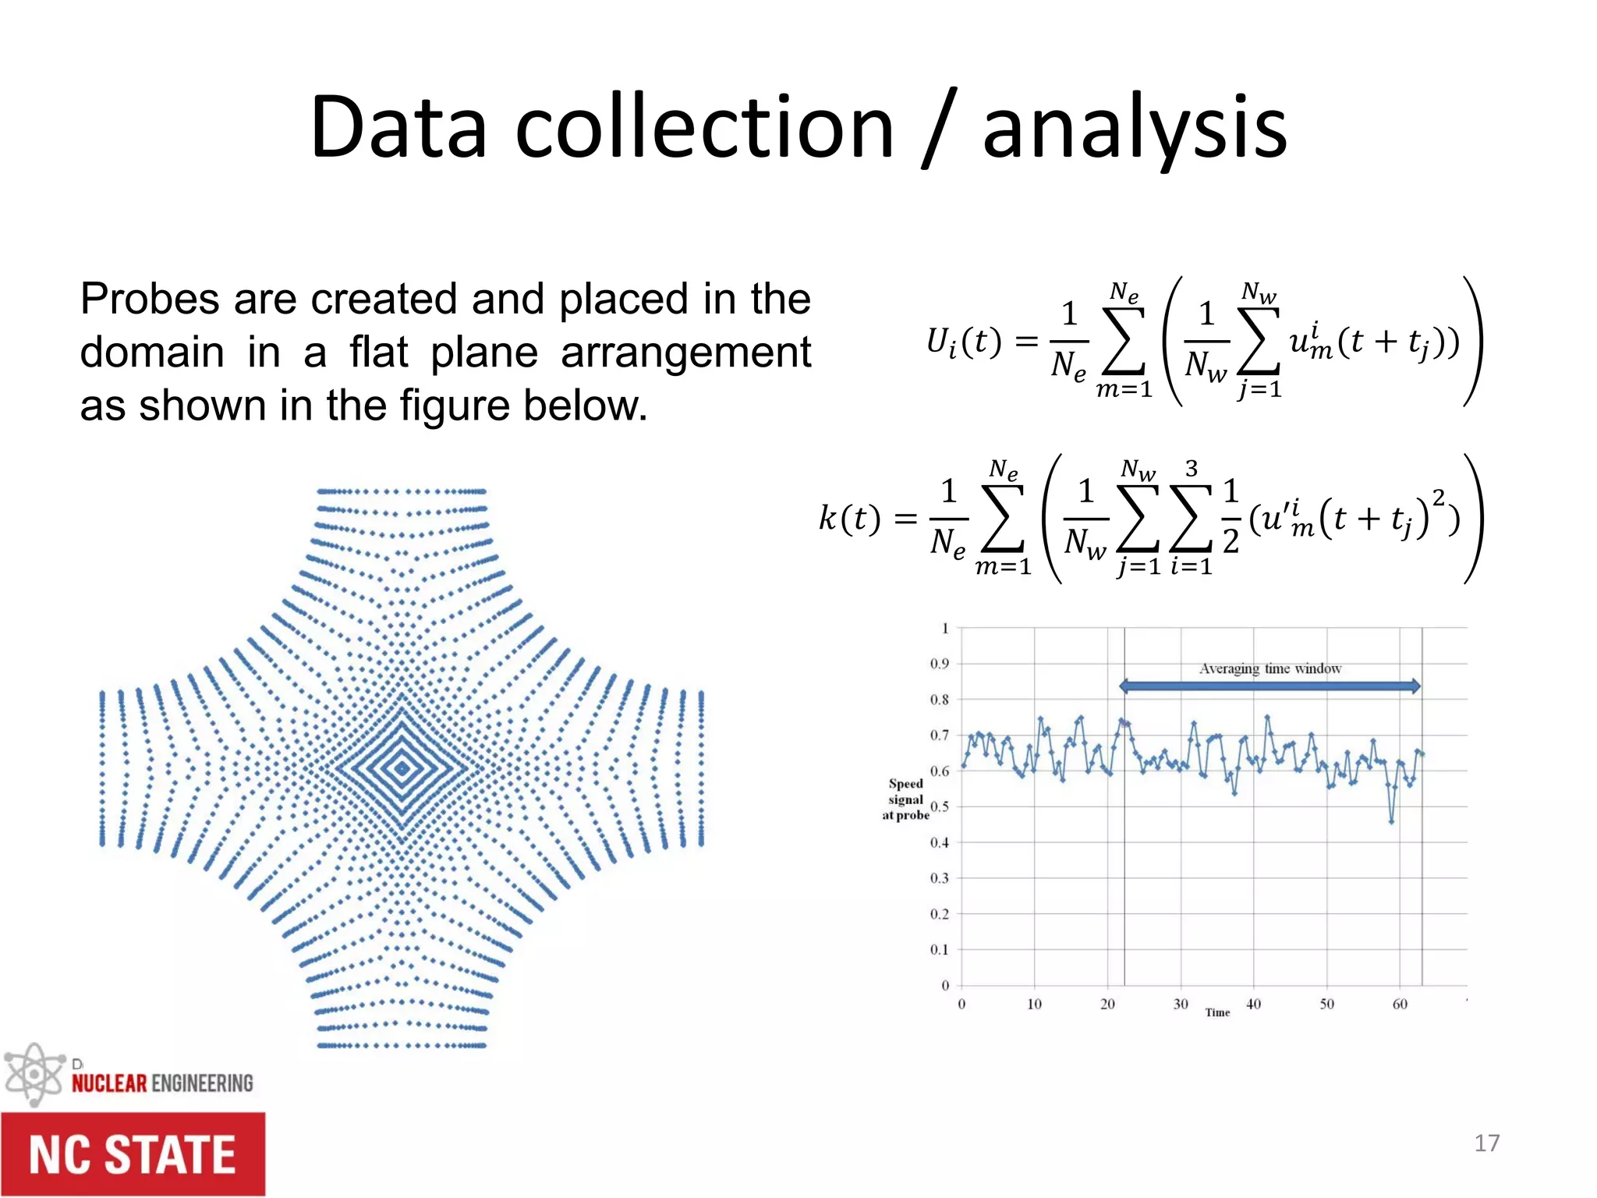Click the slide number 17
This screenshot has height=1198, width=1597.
pyautogui.click(x=1486, y=1143)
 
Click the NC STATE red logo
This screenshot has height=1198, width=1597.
pyautogui.click(x=133, y=1154)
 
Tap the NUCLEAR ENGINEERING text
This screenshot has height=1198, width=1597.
pyautogui.click(x=162, y=1083)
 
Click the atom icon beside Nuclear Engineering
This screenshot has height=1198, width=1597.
pyautogui.click(x=33, y=1075)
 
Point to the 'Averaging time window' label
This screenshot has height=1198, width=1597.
pyautogui.click(x=1269, y=668)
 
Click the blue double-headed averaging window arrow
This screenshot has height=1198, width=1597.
pyautogui.click(x=1269, y=686)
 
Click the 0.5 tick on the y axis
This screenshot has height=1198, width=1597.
pyautogui.click(x=940, y=806)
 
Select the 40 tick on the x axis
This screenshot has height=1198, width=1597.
pyautogui.click(x=1253, y=1004)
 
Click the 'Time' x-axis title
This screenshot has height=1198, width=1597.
pyautogui.click(x=1217, y=1012)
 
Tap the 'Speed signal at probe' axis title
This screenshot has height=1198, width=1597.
pyautogui.click(x=905, y=799)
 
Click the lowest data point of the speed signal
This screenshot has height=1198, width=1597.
pyautogui.click(x=1391, y=821)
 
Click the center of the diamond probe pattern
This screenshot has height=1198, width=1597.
pyautogui.click(x=402, y=769)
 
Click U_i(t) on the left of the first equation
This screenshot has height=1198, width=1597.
pyautogui.click(x=962, y=342)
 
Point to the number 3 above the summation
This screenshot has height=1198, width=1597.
pyautogui.click(x=1191, y=468)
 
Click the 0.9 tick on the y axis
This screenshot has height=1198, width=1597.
pyautogui.click(x=940, y=664)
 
